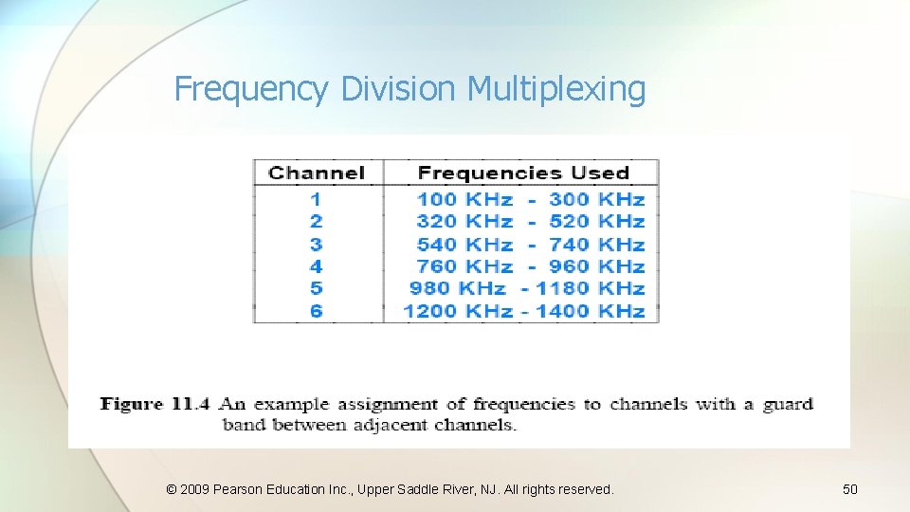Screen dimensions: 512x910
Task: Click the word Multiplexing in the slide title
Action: point(556,89)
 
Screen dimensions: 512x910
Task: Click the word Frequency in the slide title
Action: point(251,89)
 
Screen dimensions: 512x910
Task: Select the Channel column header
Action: point(316,173)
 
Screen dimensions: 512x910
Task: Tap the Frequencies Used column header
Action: point(523,173)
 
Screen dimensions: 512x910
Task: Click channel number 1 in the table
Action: point(316,199)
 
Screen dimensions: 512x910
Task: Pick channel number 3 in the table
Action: point(316,244)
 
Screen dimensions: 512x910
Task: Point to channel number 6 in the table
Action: point(316,311)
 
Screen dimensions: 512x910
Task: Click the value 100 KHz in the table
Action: point(464,199)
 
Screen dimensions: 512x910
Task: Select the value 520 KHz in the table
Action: point(596,221)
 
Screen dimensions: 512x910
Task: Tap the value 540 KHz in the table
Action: point(464,244)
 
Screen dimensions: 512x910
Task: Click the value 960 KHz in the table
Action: point(596,266)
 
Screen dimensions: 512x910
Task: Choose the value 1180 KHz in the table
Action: point(590,288)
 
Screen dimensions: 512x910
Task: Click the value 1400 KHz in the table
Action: point(590,311)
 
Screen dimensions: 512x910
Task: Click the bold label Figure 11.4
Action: point(155,404)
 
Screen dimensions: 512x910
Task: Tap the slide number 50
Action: point(850,489)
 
